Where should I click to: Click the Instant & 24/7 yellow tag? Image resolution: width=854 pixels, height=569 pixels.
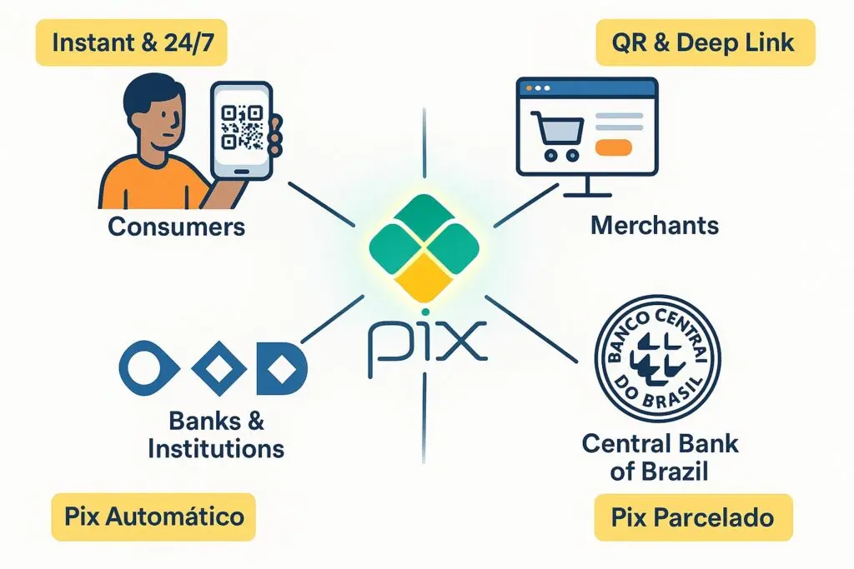(131, 44)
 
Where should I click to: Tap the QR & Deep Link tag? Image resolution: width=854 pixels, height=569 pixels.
(706, 44)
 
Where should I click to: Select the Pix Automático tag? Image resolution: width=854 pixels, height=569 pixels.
(153, 516)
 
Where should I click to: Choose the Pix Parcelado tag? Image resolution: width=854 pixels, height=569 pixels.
(692, 518)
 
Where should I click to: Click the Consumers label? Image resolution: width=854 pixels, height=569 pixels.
(176, 226)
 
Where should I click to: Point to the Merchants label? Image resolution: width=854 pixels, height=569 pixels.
(655, 225)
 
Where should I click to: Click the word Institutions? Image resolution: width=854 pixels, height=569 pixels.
(216, 448)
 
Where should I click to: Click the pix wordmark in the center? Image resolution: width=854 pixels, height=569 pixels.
(426, 342)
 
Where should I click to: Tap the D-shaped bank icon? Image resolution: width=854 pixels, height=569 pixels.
(281, 367)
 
